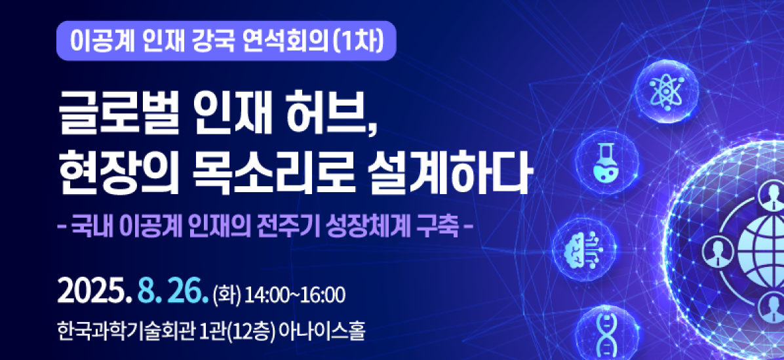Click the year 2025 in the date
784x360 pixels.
(x=92, y=294)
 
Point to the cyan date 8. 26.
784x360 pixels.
(x=172, y=294)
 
